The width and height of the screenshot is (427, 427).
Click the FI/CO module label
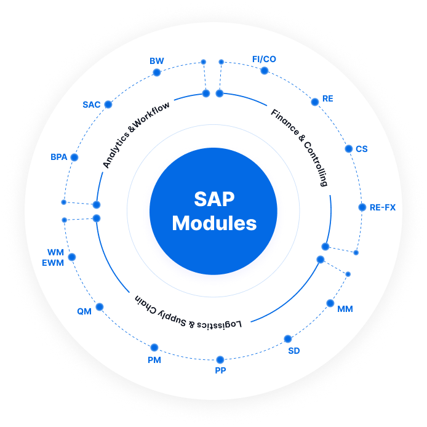(264, 59)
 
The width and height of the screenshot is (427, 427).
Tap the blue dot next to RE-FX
(362, 207)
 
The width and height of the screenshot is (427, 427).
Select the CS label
(362, 149)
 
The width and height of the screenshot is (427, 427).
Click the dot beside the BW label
(156, 73)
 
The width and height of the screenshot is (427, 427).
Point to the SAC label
(91, 105)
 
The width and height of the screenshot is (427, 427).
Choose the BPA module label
(58, 158)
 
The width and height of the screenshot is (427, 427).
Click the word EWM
(53, 263)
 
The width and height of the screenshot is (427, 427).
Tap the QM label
(84, 311)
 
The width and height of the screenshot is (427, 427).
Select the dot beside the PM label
(154, 348)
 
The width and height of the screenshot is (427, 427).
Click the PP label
(220, 370)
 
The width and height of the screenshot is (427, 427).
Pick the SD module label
(294, 351)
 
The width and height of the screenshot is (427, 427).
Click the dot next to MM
(330, 303)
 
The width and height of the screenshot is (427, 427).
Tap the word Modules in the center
(214, 223)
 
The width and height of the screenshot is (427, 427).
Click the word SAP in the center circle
(214, 199)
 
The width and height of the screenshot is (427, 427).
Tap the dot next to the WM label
(72, 257)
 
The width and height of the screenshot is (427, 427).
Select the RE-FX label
(382, 207)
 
